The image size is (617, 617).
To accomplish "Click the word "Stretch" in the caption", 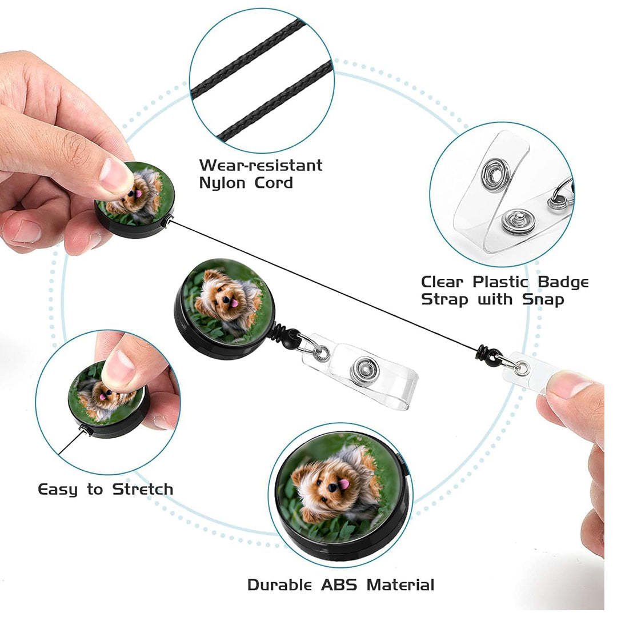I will (x=142, y=490).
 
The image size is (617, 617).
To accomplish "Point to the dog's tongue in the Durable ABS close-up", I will (x=344, y=484).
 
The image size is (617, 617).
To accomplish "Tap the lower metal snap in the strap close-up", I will (x=518, y=221).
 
